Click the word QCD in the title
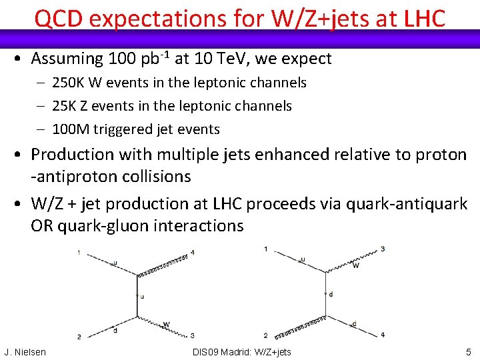pos(59,19)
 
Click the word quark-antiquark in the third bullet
pos(407,203)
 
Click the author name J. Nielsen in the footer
pos(25,351)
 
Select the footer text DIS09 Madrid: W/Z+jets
pos(241,351)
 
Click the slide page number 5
pos(469,351)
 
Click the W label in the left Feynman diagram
pos(167,325)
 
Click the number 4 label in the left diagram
pos(193,253)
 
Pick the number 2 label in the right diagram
pos(265,335)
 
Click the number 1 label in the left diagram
pos(79,253)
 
